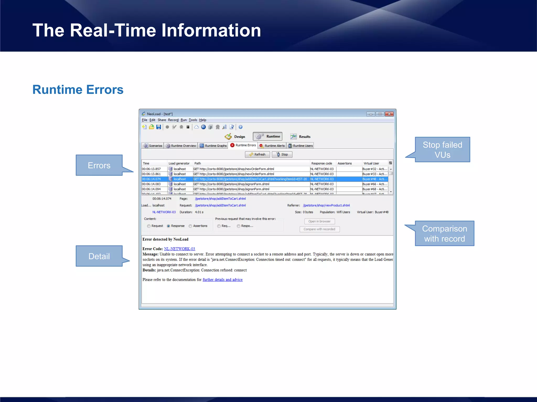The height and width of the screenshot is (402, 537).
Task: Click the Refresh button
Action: click(257, 154)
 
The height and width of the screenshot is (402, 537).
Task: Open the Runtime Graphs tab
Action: click(213, 146)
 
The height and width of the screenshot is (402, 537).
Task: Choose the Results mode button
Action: click(300, 137)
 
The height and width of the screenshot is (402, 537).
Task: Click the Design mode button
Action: click(235, 137)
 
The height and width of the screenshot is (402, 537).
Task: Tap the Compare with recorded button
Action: click(319, 229)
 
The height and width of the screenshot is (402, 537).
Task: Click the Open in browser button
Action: click(319, 221)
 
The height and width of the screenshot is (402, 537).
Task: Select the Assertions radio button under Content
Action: click(191, 226)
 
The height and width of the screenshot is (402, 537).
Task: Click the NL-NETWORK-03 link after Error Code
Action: click(179, 249)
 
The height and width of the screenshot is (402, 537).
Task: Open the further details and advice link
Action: click(222, 280)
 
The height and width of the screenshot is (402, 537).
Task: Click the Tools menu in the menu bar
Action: click(193, 120)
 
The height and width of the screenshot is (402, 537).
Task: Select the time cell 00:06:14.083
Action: click(151, 184)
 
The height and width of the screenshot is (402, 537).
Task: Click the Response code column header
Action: click(321, 163)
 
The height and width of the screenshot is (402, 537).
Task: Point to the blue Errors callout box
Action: click(99, 165)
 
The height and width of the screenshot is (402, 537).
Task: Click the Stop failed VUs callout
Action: click(442, 150)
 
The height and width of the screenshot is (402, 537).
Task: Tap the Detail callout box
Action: click(99, 256)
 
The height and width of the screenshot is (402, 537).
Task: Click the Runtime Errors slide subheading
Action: click(78, 90)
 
